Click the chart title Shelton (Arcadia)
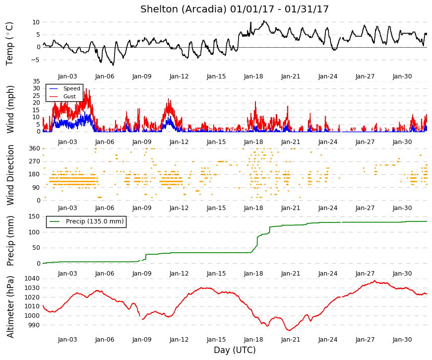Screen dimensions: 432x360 (x=184, y=9)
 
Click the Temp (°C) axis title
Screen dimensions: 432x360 (x=9, y=44)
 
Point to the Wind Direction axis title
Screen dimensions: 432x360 (x=10, y=175)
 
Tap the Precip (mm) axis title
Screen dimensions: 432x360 (x=10, y=241)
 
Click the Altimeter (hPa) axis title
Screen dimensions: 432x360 (x=10, y=307)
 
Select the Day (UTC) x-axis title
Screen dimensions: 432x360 (x=235, y=350)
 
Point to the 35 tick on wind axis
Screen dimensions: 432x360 (x=37, y=81)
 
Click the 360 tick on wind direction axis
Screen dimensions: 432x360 (x=35, y=148)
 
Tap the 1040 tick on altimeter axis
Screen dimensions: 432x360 (x=32, y=279)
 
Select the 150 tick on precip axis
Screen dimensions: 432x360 (x=34, y=216)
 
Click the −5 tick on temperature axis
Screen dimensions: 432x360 (x=35, y=60)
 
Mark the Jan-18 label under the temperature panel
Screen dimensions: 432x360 (x=253, y=76)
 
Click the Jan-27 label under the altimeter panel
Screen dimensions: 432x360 (x=365, y=340)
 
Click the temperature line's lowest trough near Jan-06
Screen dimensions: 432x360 (x=113, y=65)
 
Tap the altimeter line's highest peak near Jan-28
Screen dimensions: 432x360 (x=374, y=281)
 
